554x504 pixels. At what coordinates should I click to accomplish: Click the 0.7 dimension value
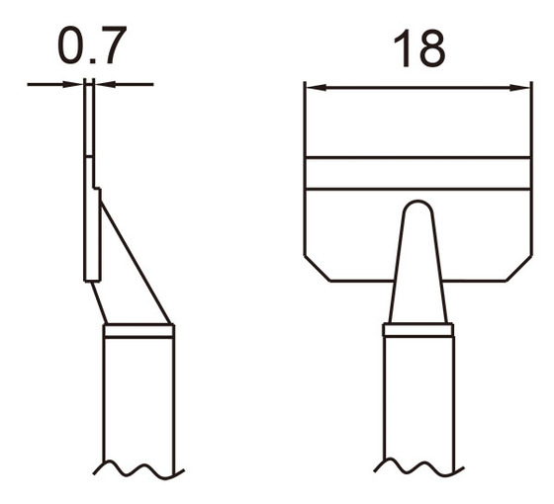90,45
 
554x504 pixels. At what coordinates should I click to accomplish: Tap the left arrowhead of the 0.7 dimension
79,84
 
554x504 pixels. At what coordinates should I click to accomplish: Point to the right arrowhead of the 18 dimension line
524,87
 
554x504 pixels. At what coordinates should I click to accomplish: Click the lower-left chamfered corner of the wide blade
315,268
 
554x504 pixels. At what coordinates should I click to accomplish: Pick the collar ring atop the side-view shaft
138,331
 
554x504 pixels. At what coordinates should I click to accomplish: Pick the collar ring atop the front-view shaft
418,329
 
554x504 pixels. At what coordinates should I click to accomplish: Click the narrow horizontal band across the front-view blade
418,173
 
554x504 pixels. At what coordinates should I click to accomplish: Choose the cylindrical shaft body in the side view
138,400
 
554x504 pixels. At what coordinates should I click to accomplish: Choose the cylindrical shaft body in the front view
418,400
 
